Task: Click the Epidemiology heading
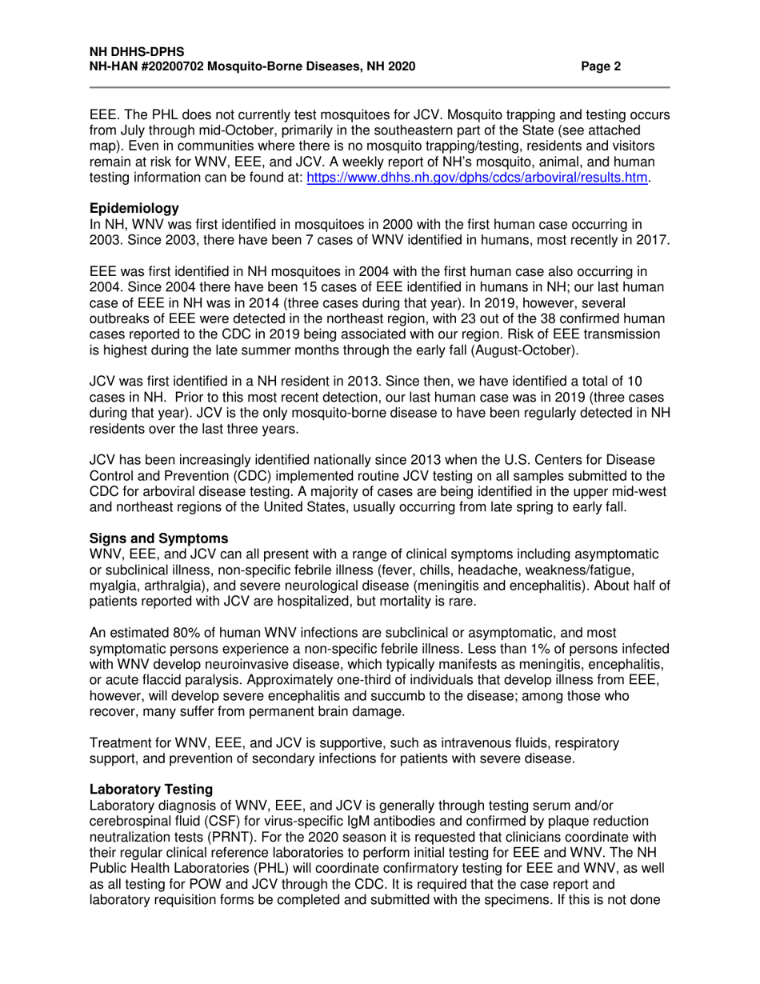[x=134, y=208]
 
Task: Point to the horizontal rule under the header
[x=379, y=86]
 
